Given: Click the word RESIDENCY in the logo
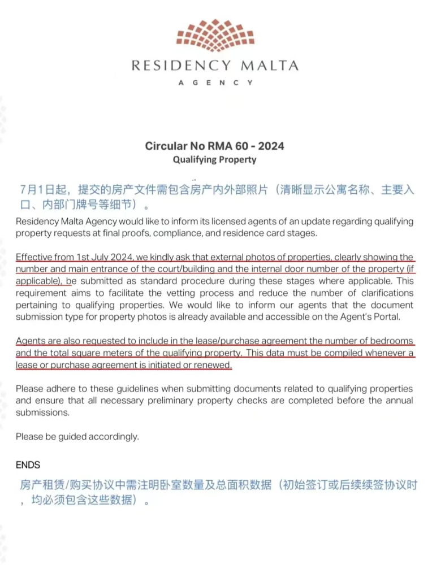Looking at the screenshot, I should [181, 66].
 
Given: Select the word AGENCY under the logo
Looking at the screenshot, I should [215, 82].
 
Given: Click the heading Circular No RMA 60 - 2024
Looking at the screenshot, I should [214, 146].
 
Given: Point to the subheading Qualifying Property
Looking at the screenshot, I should [214, 159].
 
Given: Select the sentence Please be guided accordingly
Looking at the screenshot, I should [77, 436].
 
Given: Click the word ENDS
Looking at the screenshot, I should [28, 465].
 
